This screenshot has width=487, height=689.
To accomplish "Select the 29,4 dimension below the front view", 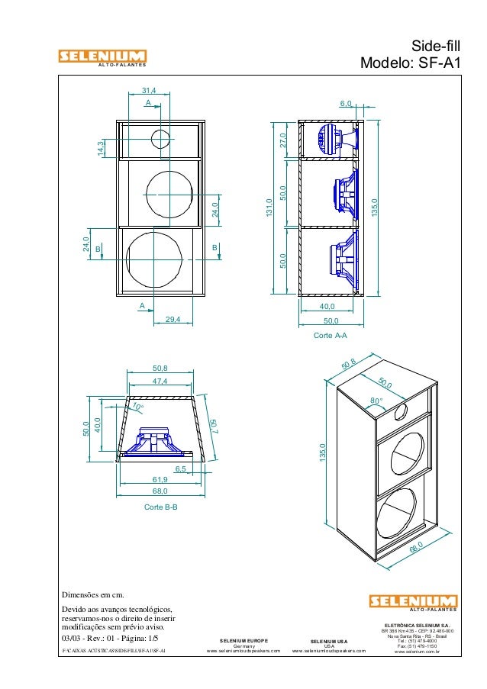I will (173, 319).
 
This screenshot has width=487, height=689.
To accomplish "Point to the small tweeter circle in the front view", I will (161, 140).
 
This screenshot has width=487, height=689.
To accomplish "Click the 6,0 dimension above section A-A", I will (345, 103).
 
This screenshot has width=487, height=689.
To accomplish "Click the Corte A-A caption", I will (331, 334).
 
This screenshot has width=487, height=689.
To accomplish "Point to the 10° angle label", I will (137, 407).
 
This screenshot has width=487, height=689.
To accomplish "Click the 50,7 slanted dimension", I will (214, 428).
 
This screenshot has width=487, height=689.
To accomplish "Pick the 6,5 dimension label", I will (180, 469).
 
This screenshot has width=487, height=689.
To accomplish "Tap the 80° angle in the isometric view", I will (376, 400).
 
